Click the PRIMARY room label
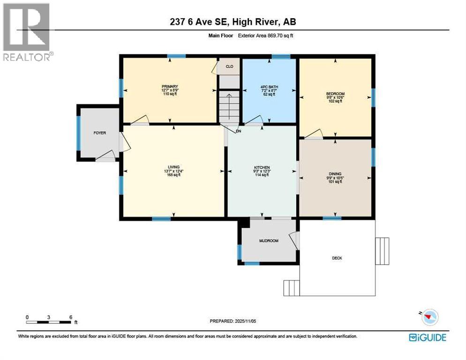(169, 87)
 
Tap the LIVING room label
(173, 167)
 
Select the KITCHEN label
(262, 167)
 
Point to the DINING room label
(335, 173)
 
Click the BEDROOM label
(335, 94)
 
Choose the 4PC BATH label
(269, 87)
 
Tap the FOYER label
(99, 133)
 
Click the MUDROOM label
(269, 241)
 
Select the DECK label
(337, 258)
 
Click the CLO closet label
(229, 67)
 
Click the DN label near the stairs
(238, 131)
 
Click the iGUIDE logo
(427, 337)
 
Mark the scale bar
(49, 322)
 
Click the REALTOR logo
(27, 32)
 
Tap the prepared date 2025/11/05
(233, 321)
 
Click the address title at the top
(233, 22)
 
